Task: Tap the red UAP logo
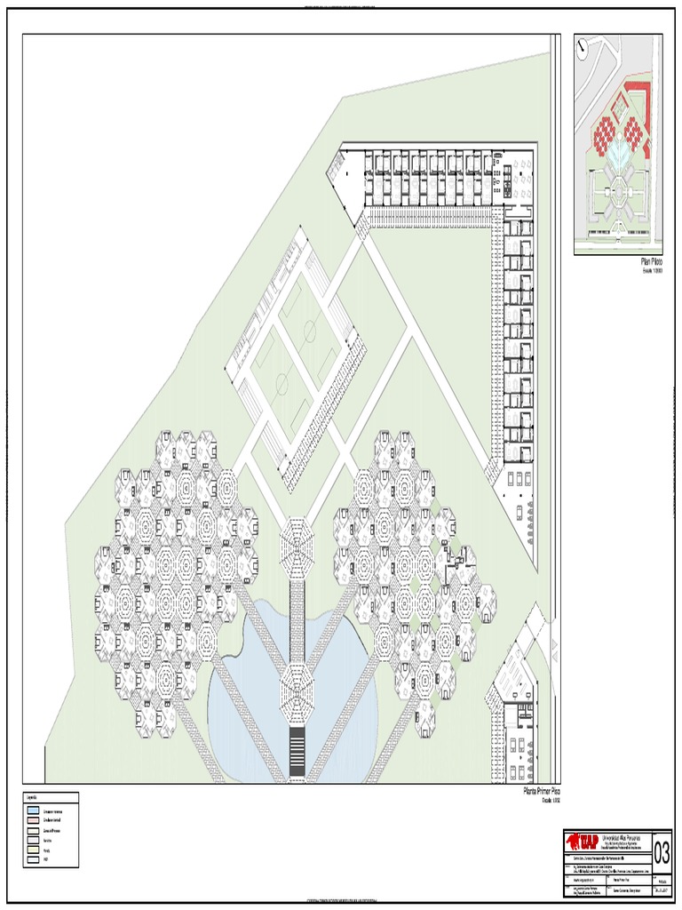583,842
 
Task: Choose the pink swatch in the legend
33,821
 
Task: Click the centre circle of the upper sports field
310,332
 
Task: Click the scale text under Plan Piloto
652,271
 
